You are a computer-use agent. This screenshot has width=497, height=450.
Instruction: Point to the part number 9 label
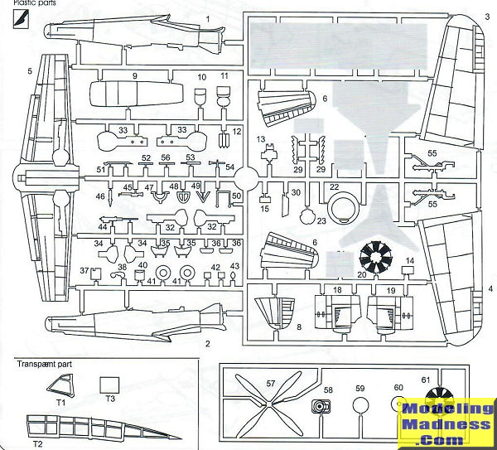point(134,75)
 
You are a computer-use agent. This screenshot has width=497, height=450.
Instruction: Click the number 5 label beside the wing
point(30,72)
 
